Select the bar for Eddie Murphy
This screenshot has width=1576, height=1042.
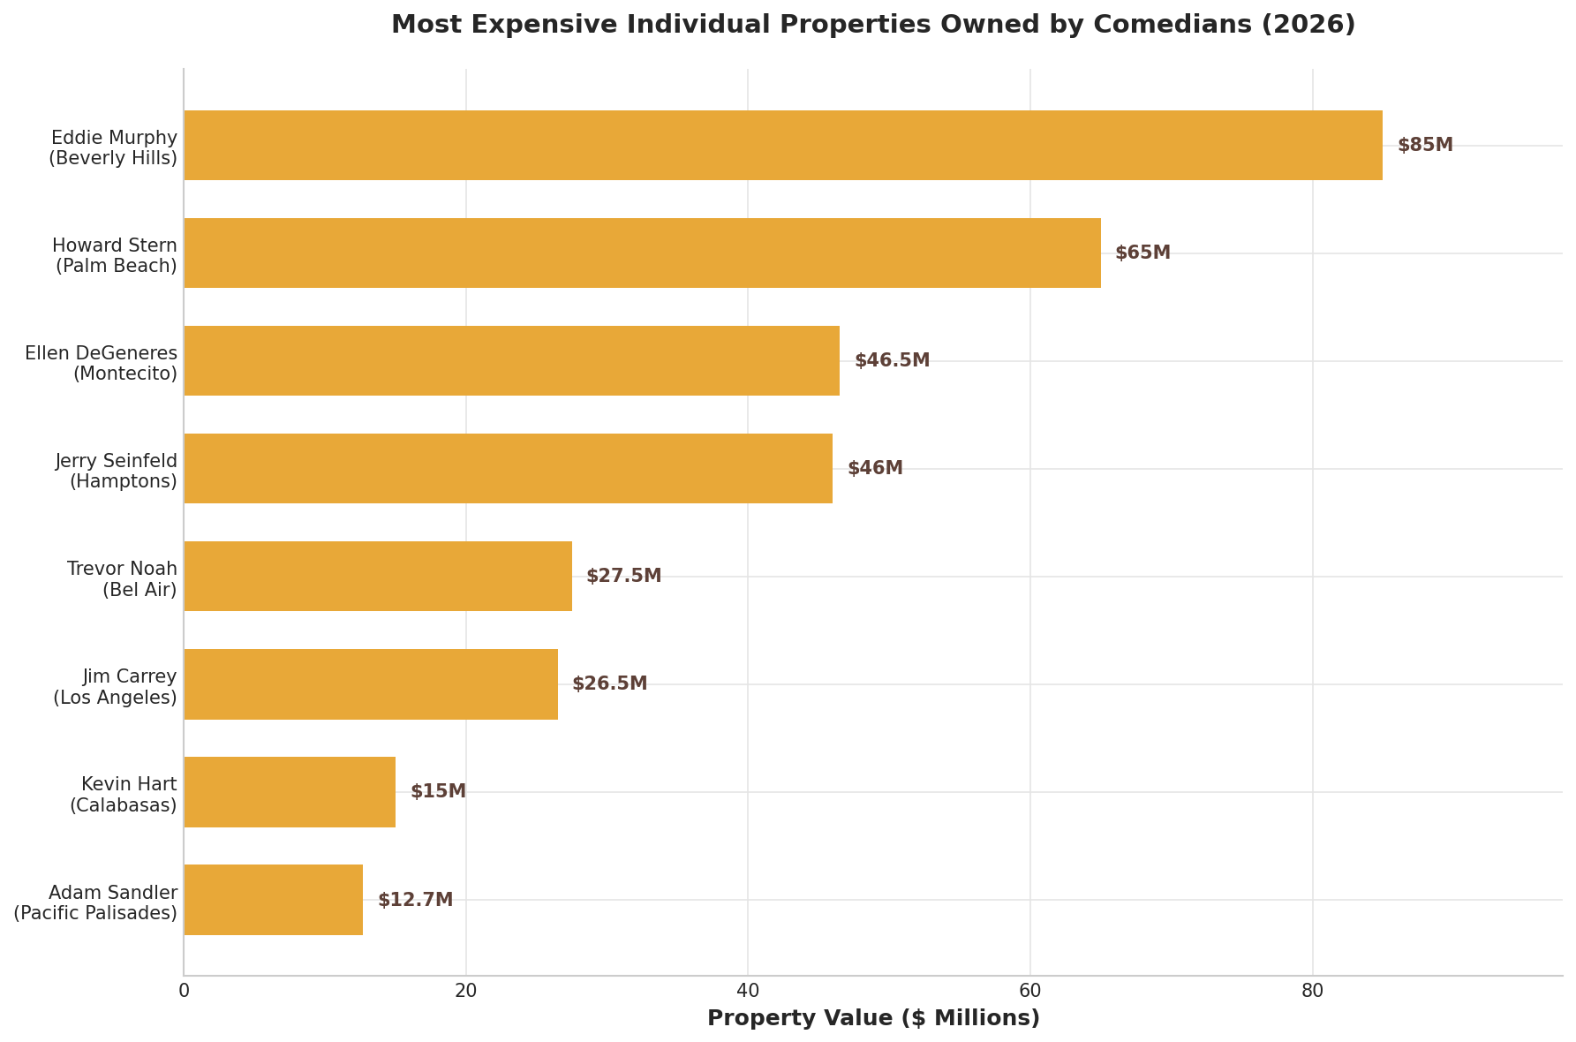coord(782,146)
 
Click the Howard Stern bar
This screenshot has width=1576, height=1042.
coord(642,253)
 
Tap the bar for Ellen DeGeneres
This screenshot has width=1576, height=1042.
coord(511,361)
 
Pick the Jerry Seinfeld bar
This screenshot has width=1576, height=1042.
coord(508,469)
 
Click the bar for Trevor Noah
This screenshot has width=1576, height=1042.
coord(378,577)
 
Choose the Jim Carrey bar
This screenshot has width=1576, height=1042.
coord(371,684)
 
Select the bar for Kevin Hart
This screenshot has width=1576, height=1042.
coord(290,792)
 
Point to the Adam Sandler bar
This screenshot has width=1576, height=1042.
coord(273,900)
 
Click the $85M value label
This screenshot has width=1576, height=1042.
coord(1424,146)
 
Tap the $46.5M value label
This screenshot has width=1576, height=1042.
coord(892,361)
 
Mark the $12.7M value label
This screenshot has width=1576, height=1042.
coord(415,900)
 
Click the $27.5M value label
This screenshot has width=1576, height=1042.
coord(623,577)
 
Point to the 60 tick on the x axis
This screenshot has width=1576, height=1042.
coord(1029,992)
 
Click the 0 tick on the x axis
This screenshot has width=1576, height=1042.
coord(184,992)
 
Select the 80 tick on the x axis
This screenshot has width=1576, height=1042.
coord(1312,992)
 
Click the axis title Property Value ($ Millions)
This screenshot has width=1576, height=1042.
coord(873,1019)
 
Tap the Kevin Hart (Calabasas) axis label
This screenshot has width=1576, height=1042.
coord(123,795)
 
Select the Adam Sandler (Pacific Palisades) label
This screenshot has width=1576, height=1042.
coord(95,902)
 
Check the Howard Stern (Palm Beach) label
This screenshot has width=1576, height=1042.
coord(115,255)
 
